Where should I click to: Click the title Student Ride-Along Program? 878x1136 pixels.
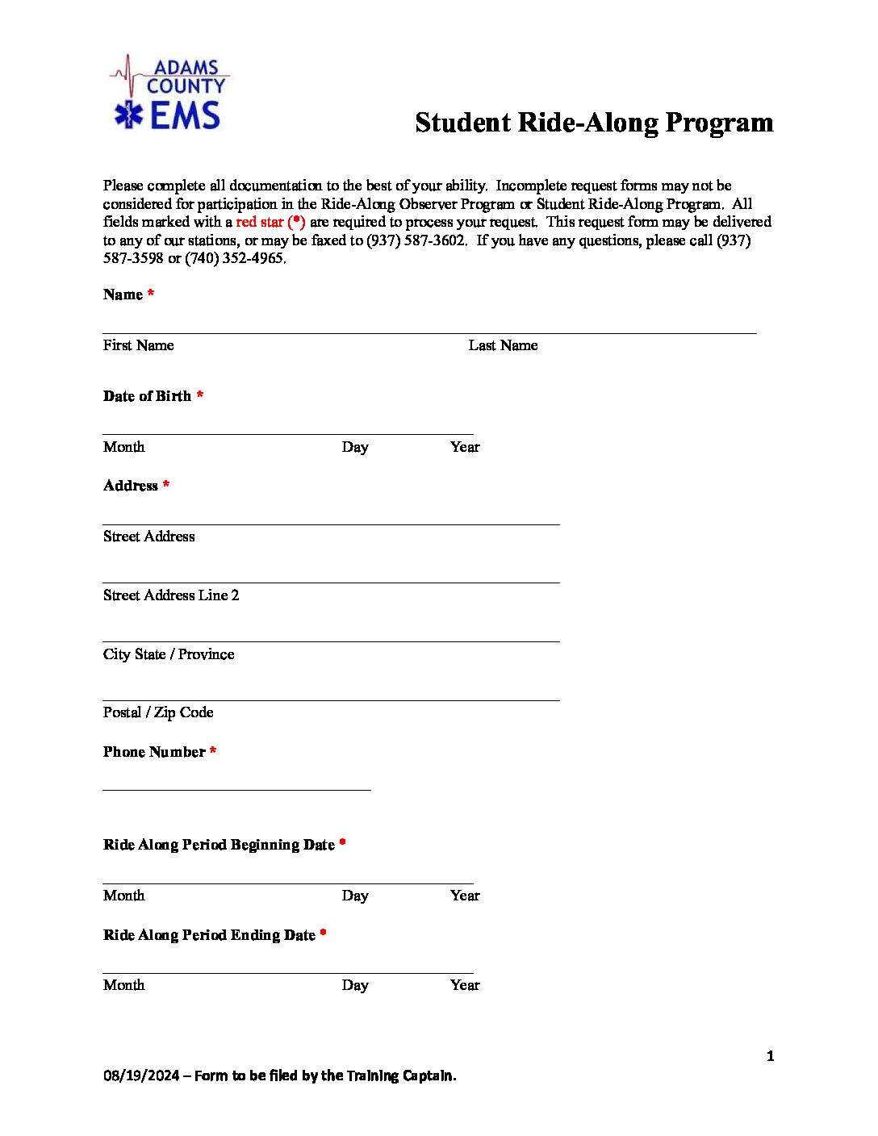(x=594, y=123)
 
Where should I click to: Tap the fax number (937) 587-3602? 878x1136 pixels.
(x=416, y=240)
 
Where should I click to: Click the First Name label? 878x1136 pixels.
(x=138, y=345)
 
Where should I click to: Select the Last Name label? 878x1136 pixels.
(x=503, y=345)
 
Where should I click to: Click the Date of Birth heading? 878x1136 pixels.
(x=147, y=396)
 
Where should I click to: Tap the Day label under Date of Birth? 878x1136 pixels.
(x=355, y=447)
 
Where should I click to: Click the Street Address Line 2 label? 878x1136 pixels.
(x=171, y=595)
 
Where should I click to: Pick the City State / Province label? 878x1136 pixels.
(x=169, y=654)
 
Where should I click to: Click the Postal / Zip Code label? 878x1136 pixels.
(x=158, y=712)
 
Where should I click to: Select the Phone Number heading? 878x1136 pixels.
(x=154, y=752)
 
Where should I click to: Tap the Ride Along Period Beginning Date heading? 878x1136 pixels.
(x=219, y=845)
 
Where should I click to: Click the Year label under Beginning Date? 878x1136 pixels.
(x=465, y=896)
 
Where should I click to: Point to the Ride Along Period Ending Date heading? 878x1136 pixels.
(x=209, y=935)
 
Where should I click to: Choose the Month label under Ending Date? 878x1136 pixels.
(x=123, y=985)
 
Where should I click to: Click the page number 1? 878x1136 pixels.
(x=770, y=1056)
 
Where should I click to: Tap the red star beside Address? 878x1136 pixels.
(x=165, y=485)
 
